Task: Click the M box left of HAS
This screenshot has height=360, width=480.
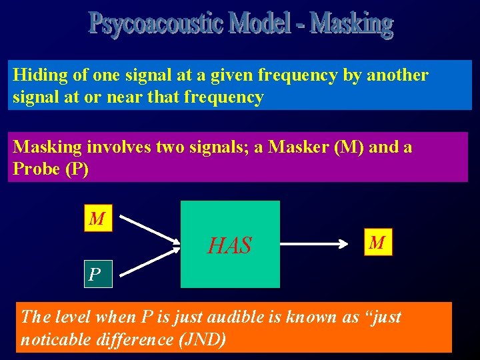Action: click(x=98, y=219)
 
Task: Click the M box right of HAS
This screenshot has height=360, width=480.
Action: click(x=377, y=243)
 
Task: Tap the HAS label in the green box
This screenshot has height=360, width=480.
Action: click(x=230, y=247)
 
